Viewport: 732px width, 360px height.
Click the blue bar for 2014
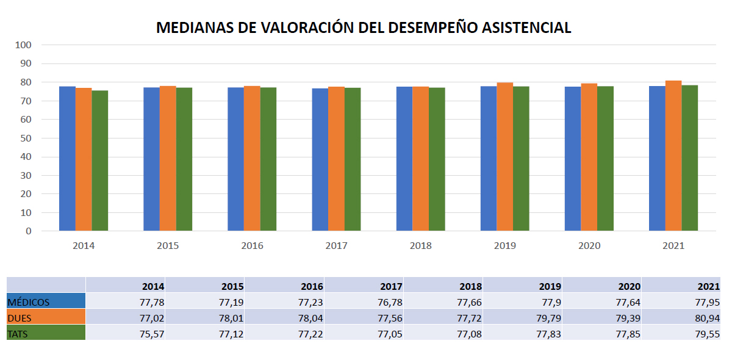67,159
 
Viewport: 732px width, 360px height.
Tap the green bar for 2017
353,159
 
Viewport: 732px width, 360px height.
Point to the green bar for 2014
100,160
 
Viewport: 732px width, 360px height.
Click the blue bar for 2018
404,159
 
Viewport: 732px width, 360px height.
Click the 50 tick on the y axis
26,138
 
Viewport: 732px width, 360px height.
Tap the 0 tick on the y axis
28,231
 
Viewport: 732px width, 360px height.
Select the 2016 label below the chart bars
252,246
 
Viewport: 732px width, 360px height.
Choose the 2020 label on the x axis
589,246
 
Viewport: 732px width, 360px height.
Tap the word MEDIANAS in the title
195,28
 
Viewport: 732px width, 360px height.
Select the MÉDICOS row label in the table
29,302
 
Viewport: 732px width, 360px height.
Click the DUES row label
20,317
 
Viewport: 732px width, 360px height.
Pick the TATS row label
19,333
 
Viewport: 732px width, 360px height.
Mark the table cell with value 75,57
152,333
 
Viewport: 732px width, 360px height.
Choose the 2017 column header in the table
390,286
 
